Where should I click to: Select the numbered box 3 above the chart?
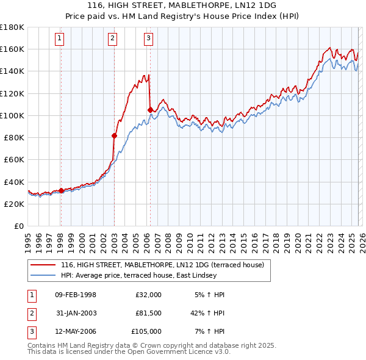click(x=149, y=38)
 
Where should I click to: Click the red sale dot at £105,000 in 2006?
click(x=150, y=110)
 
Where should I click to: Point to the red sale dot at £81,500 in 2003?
click(x=114, y=135)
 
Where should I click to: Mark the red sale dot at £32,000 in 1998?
click(x=61, y=190)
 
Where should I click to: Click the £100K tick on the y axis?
click(x=12, y=115)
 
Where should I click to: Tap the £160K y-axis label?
click(x=12, y=49)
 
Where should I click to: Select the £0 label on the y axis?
click(x=18, y=226)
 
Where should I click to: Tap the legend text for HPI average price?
click(x=165, y=275)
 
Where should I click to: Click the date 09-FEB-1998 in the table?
click(x=76, y=295)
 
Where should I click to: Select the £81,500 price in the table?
click(x=148, y=313)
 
